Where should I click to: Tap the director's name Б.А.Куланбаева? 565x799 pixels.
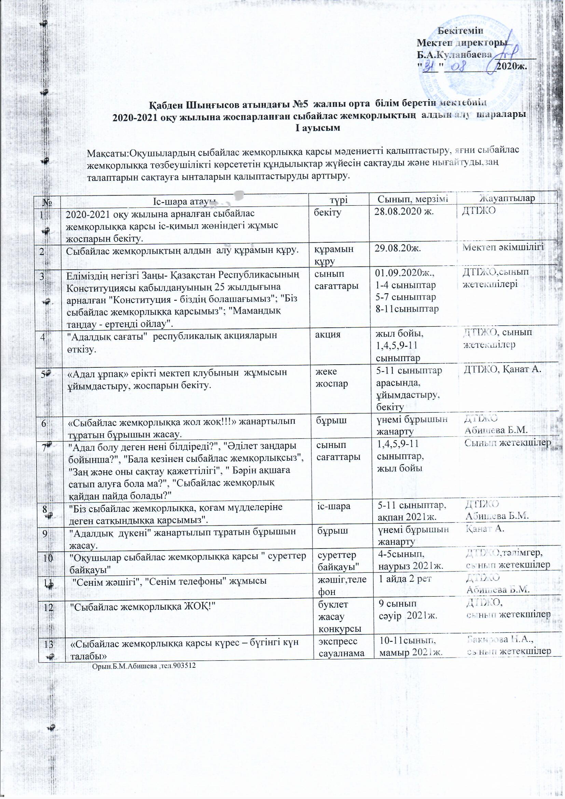[454, 55]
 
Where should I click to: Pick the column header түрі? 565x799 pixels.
[339, 199]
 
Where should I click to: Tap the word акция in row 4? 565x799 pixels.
[328, 335]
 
